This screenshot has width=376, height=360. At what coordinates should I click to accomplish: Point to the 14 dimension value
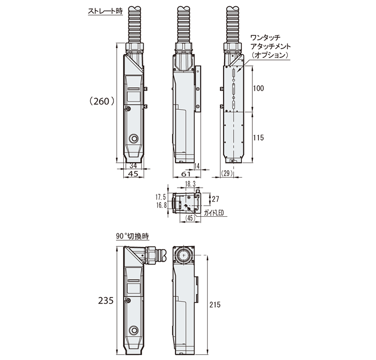(x=197, y=166)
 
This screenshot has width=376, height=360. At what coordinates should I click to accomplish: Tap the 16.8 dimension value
(x=161, y=205)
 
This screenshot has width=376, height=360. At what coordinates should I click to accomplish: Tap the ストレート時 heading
(x=105, y=10)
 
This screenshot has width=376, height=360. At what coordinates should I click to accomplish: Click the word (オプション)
(x=271, y=54)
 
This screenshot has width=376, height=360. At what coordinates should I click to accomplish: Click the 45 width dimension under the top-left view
(x=133, y=174)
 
